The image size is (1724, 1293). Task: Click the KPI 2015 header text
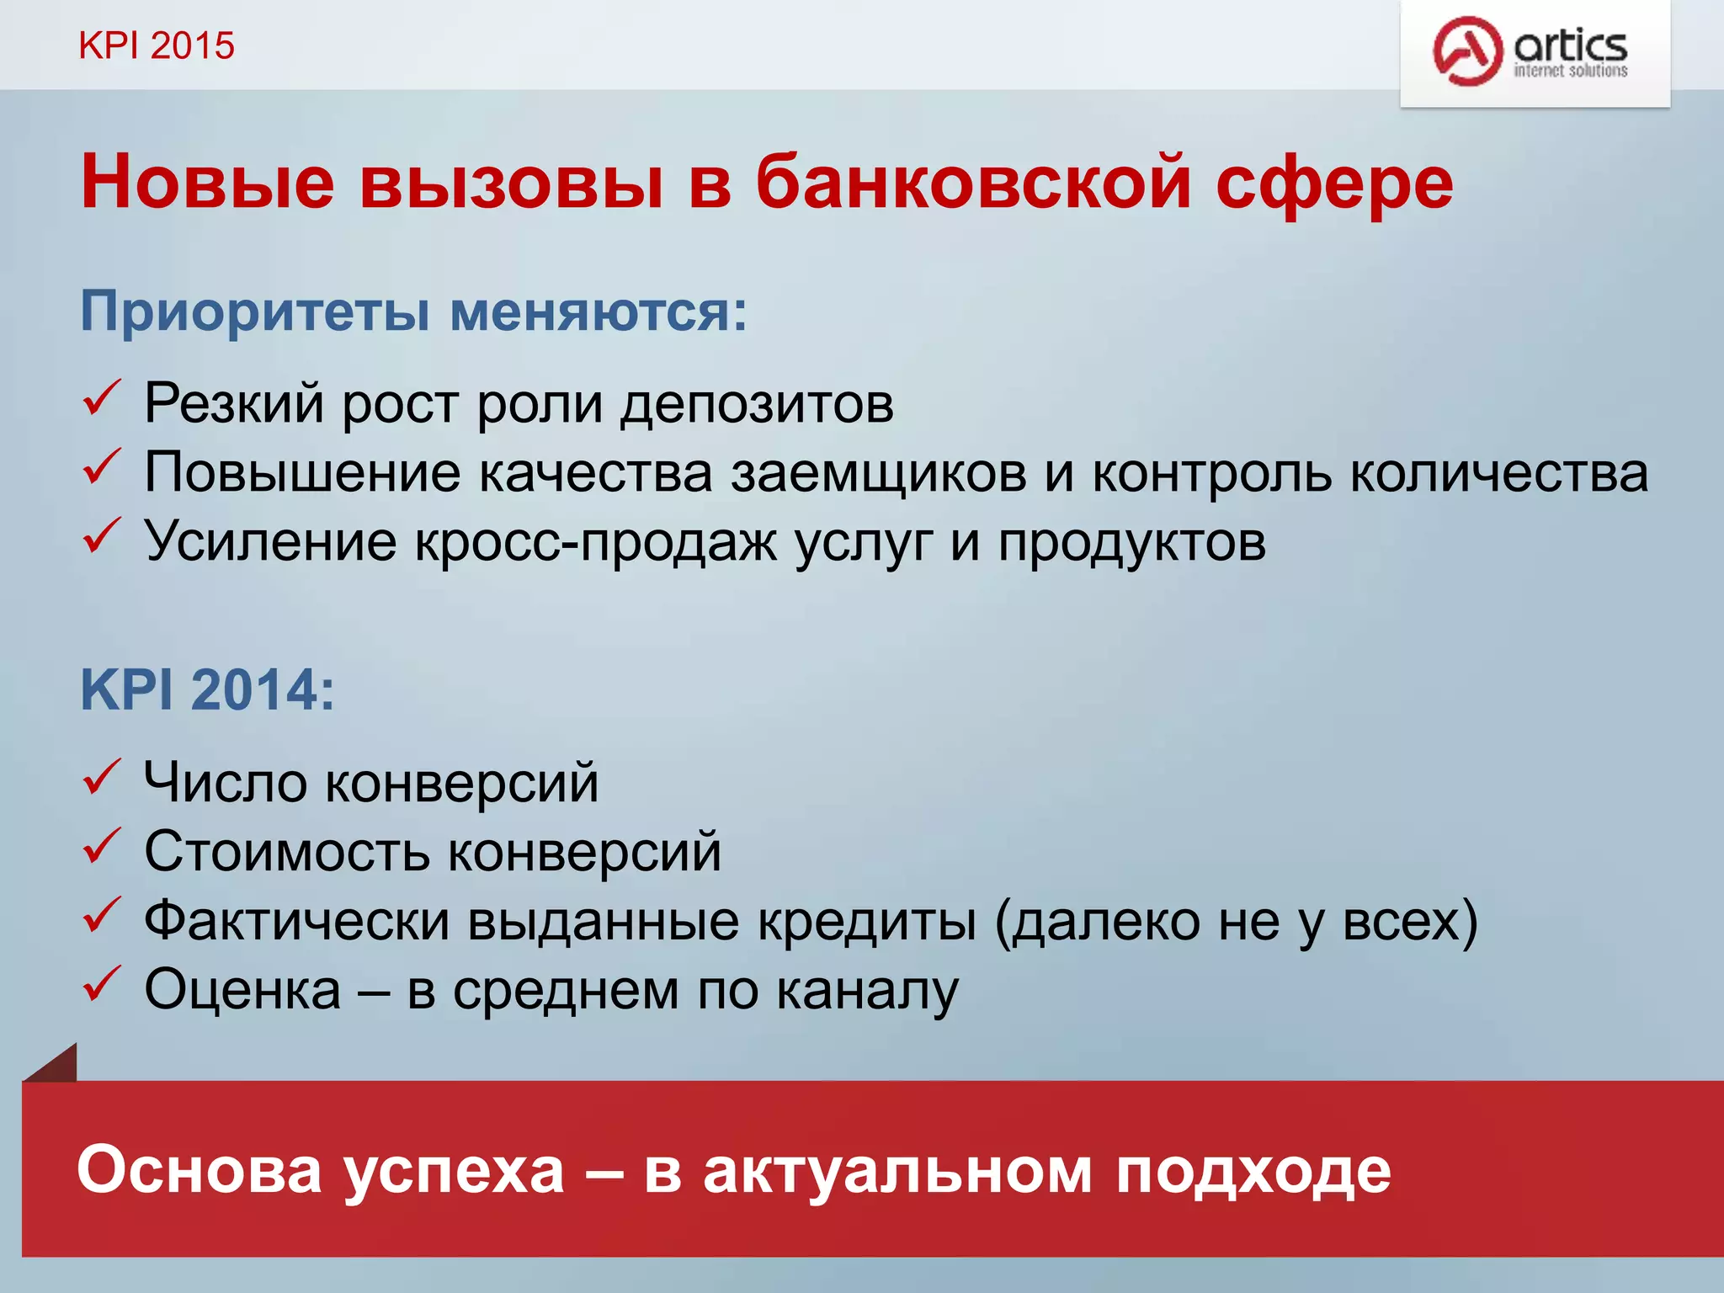pyautogui.click(x=156, y=45)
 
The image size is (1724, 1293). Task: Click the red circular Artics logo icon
pyautogui.click(x=1467, y=51)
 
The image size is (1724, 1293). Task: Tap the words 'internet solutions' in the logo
pyautogui.click(x=1570, y=72)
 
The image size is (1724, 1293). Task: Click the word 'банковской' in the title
pyautogui.click(x=972, y=183)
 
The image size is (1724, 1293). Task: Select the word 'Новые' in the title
pyautogui.click(x=207, y=183)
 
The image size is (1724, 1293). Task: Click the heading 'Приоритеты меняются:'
pyautogui.click(x=413, y=311)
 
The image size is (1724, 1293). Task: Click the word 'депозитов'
pyautogui.click(x=757, y=404)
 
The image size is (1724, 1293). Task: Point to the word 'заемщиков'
pyautogui.click(x=878, y=473)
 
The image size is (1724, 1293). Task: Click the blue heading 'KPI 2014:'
pyautogui.click(x=207, y=690)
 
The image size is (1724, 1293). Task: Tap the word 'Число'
pyautogui.click(x=225, y=783)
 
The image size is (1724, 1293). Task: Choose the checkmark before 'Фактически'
pyautogui.click(x=103, y=915)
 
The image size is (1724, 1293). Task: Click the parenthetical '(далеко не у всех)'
pyautogui.click(x=1235, y=922)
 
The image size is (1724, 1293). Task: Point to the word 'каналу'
pyautogui.click(x=866, y=991)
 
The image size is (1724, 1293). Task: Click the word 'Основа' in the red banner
pyautogui.click(x=200, y=1171)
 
